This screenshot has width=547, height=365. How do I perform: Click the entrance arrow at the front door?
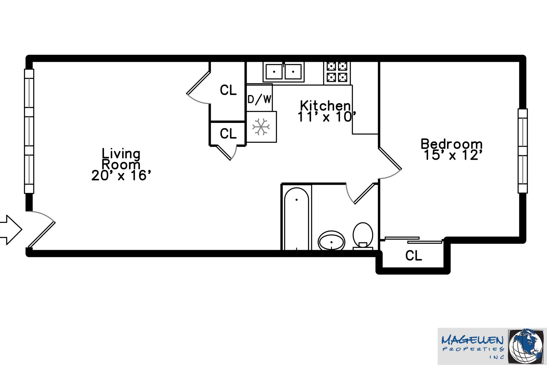click(x=11, y=230)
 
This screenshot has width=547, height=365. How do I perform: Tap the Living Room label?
click(x=121, y=159)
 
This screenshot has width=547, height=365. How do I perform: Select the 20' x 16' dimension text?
click(x=121, y=176)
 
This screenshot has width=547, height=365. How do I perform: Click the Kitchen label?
click(x=325, y=106)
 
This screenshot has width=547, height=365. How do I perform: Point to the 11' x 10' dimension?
click(x=327, y=117)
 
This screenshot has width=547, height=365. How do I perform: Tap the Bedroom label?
click(x=452, y=144)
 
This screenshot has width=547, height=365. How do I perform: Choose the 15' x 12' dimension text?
click(x=453, y=155)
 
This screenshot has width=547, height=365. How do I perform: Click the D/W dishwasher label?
click(x=259, y=99)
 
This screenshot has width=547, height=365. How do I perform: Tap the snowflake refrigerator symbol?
click(x=261, y=127)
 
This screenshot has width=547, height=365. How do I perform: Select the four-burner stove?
click(x=337, y=73)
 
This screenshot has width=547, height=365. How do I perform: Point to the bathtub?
click(x=296, y=218)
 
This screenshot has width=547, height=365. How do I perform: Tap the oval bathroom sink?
click(x=331, y=240)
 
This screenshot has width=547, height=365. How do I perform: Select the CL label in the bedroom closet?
click(x=413, y=256)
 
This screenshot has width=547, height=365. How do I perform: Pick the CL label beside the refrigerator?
click(x=228, y=133)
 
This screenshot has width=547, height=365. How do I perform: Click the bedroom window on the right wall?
click(x=522, y=151)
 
